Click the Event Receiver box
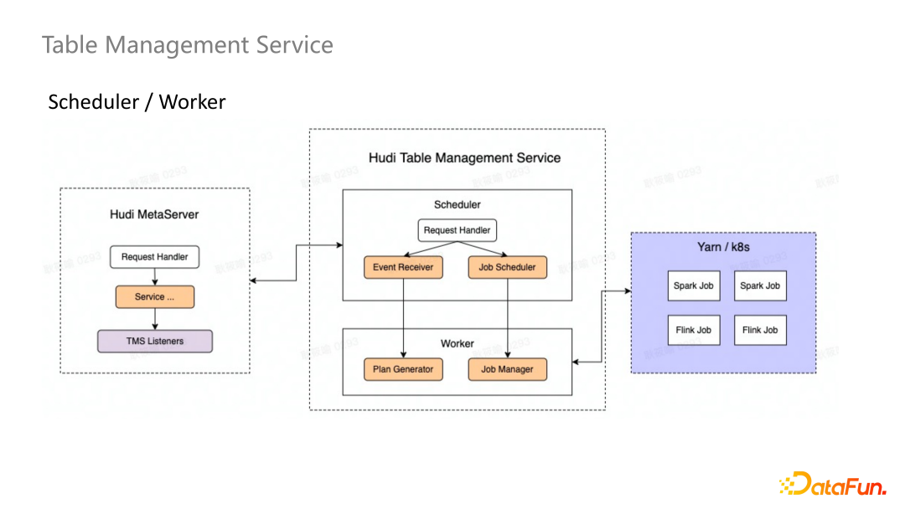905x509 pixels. click(403, 268)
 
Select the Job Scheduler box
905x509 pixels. click(507, 268)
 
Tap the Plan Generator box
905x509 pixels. click(403, 369)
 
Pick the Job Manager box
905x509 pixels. click(507, 369)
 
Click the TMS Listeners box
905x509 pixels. click(155, 342)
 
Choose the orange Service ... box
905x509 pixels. click(155, 297)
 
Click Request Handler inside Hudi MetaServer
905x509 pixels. click(155, 257)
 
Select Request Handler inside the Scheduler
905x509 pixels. click(457, 230)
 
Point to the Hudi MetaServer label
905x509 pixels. click(154, 214)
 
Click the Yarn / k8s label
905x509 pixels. click(723, 247)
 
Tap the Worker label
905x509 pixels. click(457, 343)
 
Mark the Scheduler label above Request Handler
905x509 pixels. click(457, 204)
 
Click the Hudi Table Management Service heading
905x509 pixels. click(464, 158)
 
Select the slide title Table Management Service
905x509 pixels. click(188, 45)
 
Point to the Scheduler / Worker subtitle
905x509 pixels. click(137, 102)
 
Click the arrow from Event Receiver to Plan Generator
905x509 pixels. click(403, 318)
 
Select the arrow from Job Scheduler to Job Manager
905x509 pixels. click(508, 318)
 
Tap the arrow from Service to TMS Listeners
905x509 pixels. click(155, 319)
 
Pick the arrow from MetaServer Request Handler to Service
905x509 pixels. click(155, 277)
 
